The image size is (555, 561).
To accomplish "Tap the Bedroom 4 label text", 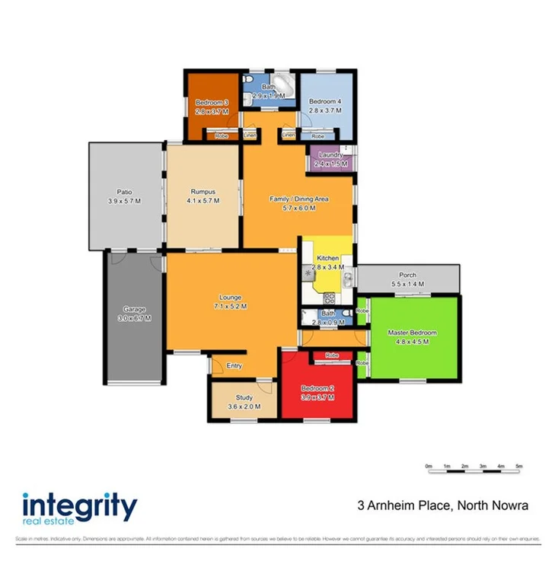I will [322, 101].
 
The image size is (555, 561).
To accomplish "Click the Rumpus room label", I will [203, 192].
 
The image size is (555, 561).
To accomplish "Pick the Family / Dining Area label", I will [298, 199].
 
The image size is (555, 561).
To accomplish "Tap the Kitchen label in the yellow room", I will [327, 258].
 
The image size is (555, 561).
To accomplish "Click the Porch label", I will [407, 276].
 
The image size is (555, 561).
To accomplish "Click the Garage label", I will [133, 309].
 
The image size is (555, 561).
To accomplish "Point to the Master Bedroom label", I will [412, 333].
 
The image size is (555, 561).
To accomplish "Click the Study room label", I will [244, 398].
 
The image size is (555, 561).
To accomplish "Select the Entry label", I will [235, 366].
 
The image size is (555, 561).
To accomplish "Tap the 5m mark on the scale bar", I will [519, 464].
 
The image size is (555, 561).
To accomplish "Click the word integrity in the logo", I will [80, 505].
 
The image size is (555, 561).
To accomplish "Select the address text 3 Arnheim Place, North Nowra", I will [443, 505].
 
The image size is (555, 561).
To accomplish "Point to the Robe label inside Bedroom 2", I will [332, 356].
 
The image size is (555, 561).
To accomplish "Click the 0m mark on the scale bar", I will [429, 464].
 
